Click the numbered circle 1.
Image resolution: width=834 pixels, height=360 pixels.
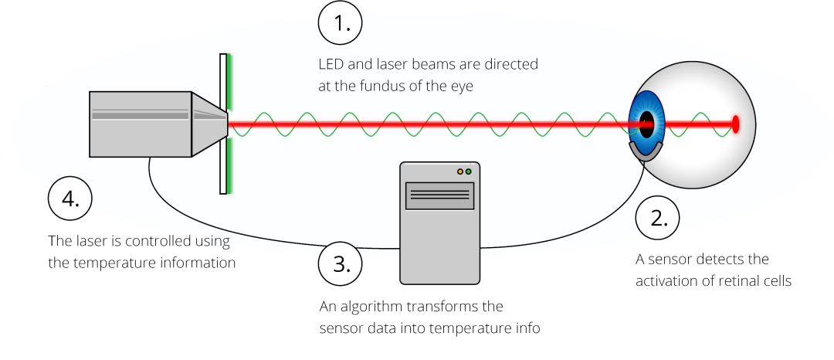point(340,23)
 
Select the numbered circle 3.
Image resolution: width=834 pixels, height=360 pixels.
point(340,264)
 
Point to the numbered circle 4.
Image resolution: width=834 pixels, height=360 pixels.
point(69,199)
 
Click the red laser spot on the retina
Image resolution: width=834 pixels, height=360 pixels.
point(735,124)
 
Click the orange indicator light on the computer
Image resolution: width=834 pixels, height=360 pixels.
point(460,171)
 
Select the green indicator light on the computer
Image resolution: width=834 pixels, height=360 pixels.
point(469,171)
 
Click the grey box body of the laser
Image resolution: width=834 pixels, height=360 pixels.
point(140,123)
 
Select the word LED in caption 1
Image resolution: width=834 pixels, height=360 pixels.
point(331,64)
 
